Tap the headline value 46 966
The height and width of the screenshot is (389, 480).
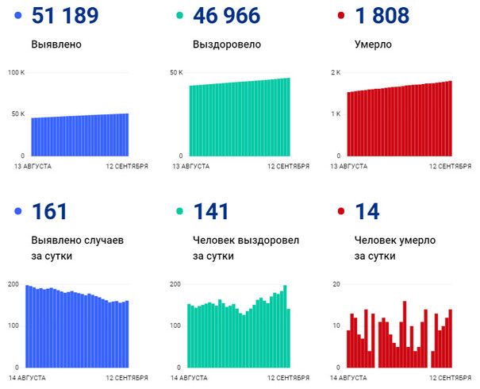coord(232,15)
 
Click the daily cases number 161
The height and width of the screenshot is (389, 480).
coord(50,211)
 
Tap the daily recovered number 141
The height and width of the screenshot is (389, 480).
coord(210,211)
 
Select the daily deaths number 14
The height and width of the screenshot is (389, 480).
coord(367,211)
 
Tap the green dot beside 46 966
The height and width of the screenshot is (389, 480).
coord(179,16)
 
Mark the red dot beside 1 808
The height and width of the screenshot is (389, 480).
coord(340,16)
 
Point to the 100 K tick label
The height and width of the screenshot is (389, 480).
coord(17,73)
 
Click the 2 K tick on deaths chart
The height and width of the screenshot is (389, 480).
coord(336,73)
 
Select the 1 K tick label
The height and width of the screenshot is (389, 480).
coord(336,114)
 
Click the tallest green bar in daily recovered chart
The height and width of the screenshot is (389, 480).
coord(285,326)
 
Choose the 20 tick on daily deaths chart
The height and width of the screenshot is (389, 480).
coord(336,284)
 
